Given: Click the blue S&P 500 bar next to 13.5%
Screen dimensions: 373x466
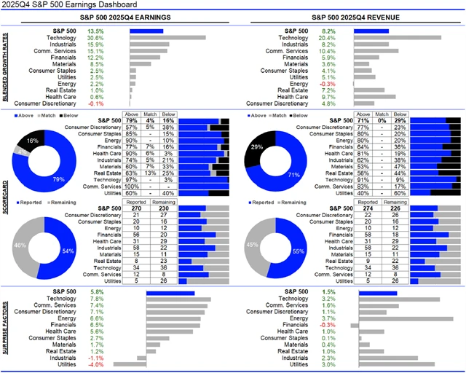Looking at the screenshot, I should [x=146, y=31].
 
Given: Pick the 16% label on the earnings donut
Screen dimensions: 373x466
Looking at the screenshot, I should [x=32, y=140].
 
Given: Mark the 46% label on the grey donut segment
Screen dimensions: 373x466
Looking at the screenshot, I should [x=20, y=247].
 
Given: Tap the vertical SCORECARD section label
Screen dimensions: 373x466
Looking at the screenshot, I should [x=5, y=198].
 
